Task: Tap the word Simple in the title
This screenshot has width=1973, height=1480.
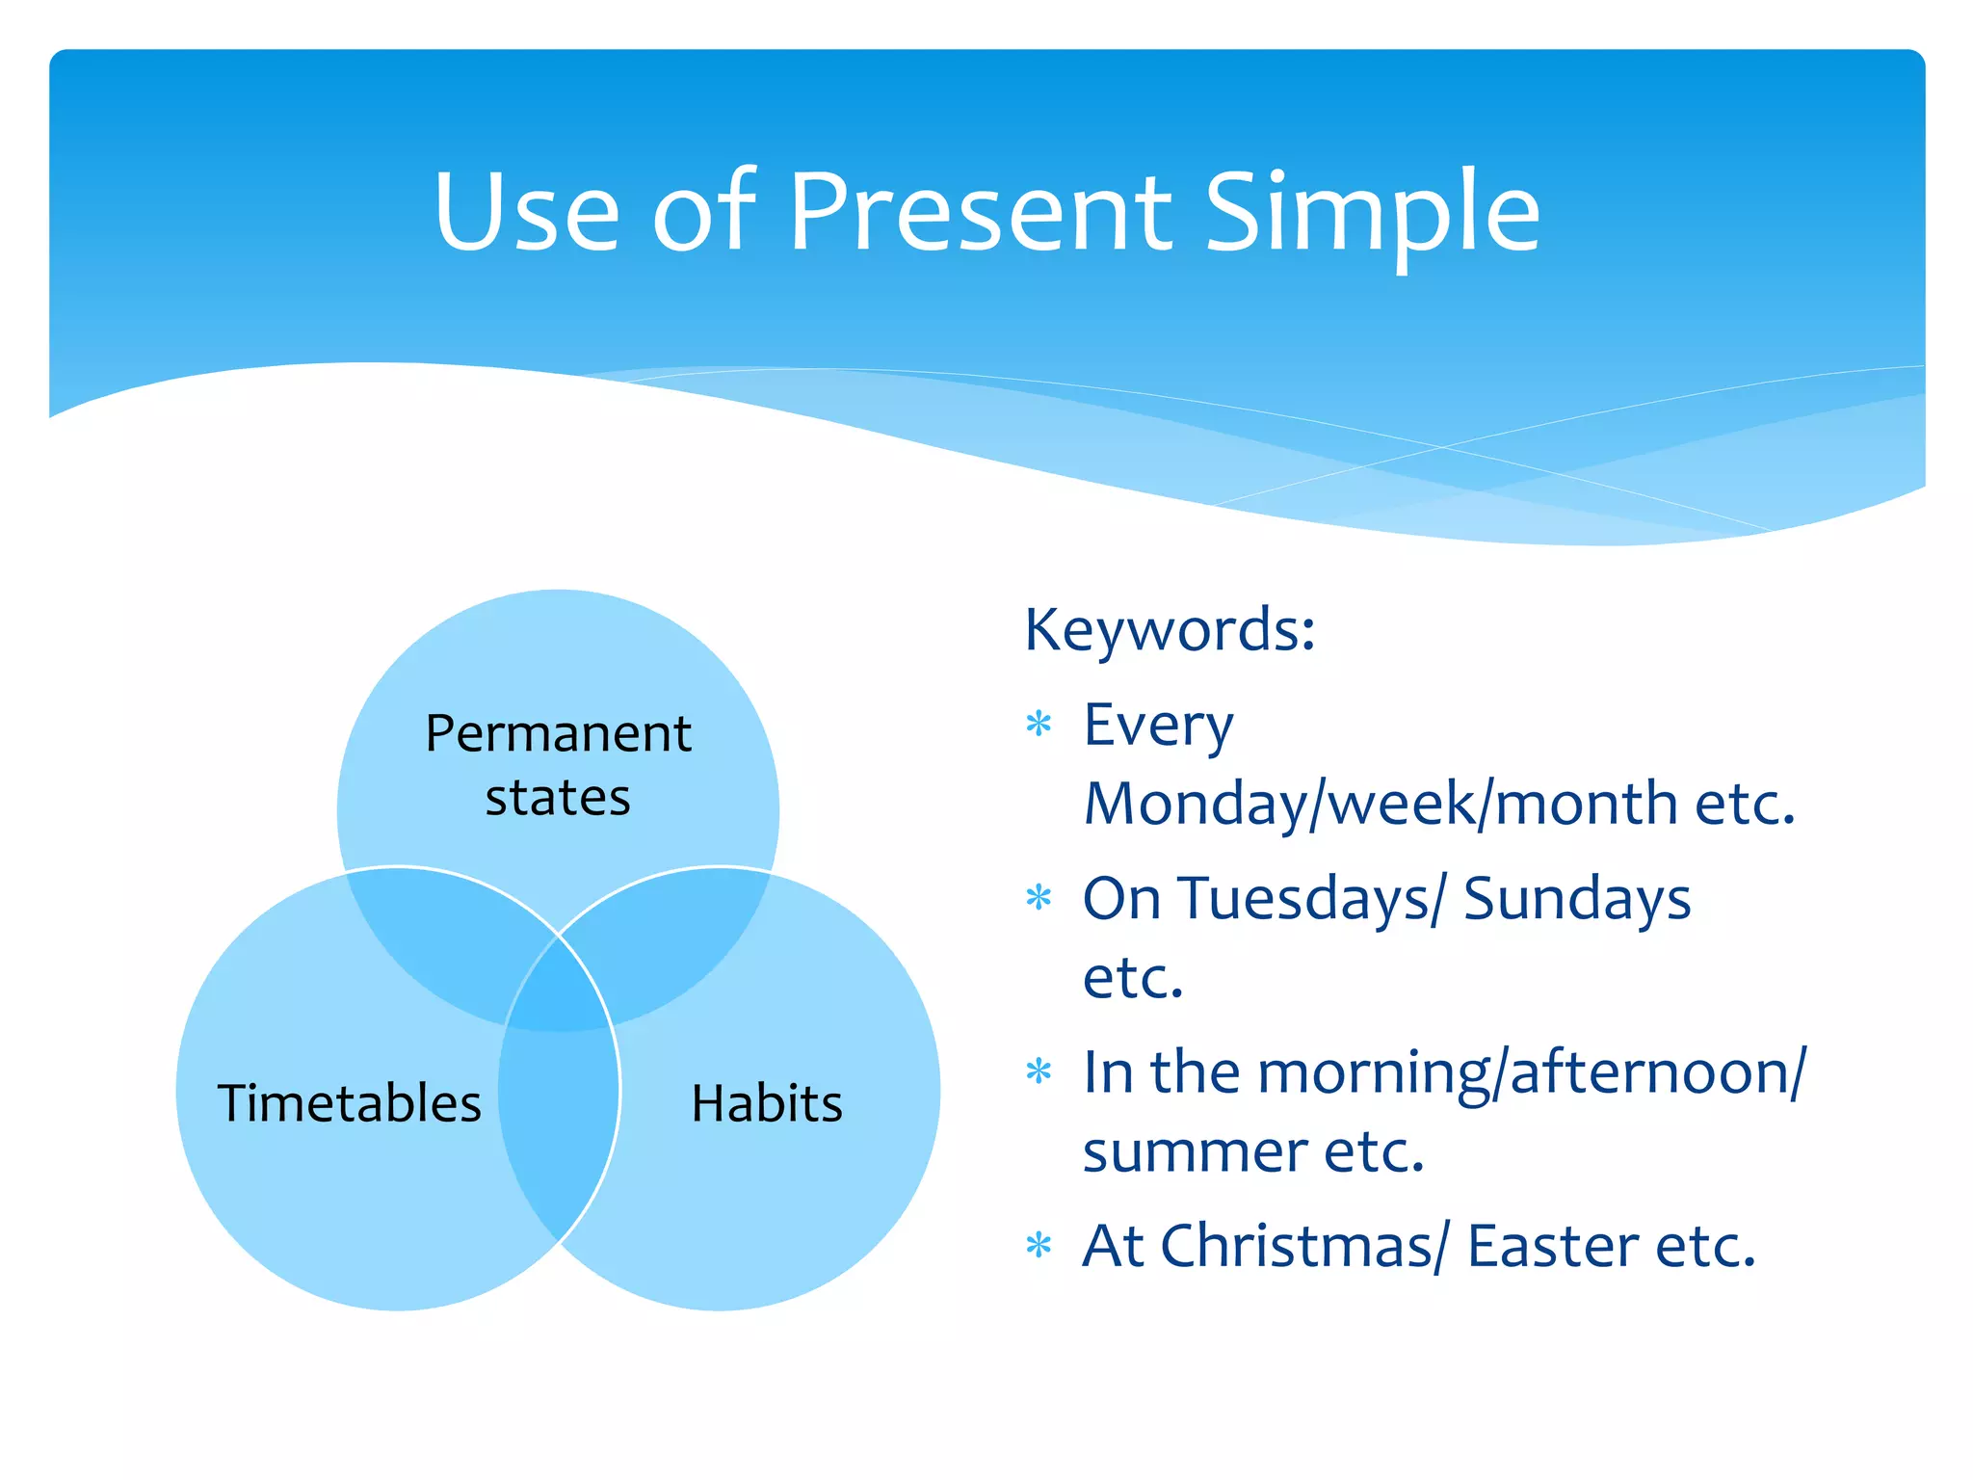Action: [x=1372, y=214]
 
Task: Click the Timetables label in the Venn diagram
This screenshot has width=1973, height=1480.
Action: [x=349, y=1103]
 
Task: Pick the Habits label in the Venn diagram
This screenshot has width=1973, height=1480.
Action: [x=767, y=1103]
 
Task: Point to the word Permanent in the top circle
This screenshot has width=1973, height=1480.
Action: [x=558, y=733]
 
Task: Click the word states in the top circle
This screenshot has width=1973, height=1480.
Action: [x=558, y=798]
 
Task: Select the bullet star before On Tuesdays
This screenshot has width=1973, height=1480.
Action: [x=1039, y=897]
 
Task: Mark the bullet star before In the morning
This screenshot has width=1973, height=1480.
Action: [x=1039, y=1070]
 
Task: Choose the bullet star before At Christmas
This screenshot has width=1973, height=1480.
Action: [x=1039, y=1245]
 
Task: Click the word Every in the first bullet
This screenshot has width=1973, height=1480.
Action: [x=1157, y=726]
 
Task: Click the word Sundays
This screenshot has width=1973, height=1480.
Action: [x=1576, y=899]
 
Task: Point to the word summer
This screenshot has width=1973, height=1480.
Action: [x=1195, y=1151]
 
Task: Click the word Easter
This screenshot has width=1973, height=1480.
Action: [x=1552, y=1246]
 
